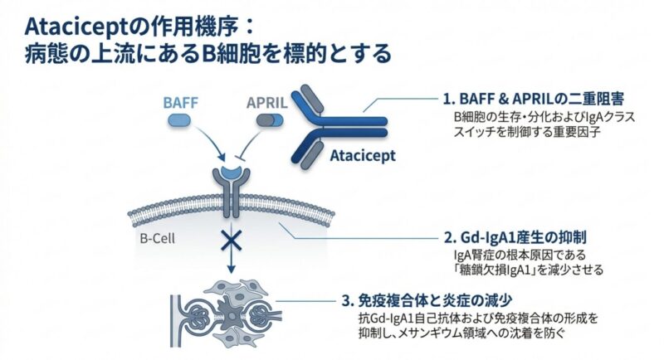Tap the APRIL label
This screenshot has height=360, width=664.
click(x=266, y=102)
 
